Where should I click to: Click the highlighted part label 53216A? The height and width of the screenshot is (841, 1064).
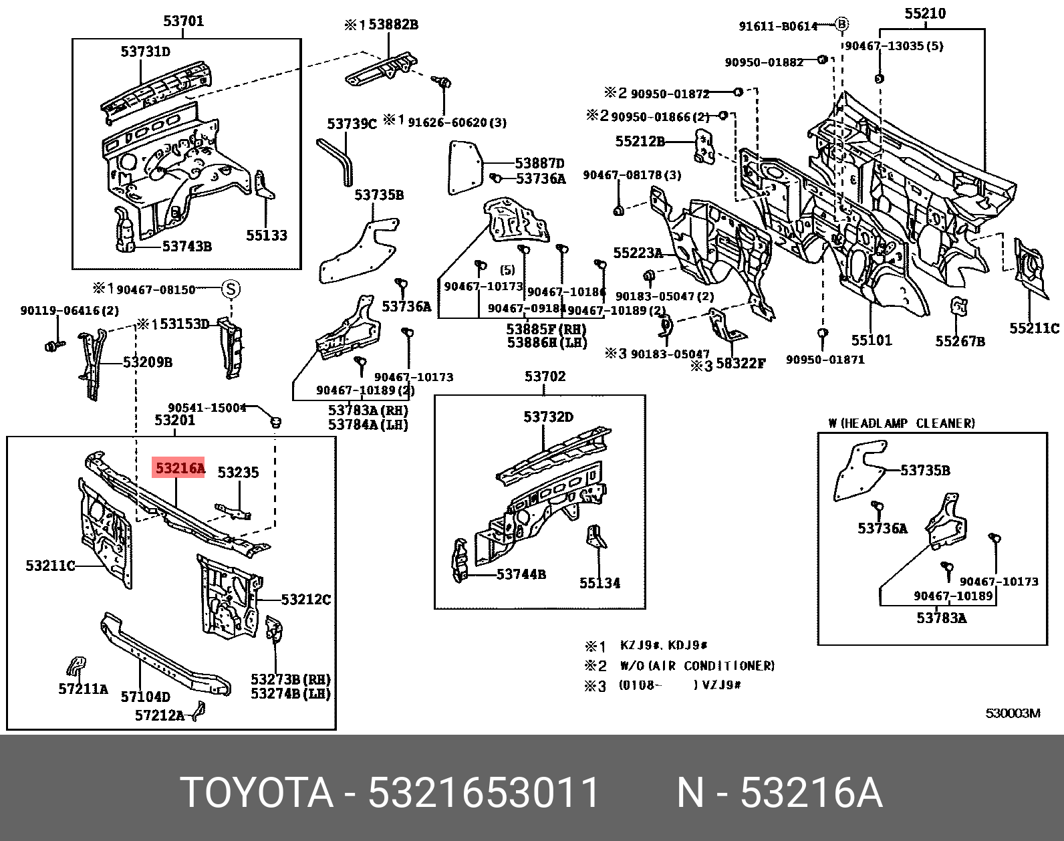179,468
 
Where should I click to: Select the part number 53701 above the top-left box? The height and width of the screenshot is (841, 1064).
183,21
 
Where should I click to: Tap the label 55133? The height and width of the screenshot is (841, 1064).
266,235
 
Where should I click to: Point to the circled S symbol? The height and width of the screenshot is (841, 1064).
231,289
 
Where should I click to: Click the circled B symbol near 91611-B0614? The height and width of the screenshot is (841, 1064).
841,25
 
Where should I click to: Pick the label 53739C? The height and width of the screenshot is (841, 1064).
352,124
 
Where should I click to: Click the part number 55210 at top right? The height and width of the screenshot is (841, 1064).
925,13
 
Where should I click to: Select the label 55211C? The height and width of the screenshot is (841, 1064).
1034,328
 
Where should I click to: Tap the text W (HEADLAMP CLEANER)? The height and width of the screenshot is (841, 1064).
901,423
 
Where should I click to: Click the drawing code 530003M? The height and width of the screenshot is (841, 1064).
1013,713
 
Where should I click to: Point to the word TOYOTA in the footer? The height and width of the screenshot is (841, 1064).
257,793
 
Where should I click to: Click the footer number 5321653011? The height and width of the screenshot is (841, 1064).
483,793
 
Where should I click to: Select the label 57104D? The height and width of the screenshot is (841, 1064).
145,697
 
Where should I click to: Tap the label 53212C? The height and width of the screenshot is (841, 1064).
305,600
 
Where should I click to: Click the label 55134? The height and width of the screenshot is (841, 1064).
600,583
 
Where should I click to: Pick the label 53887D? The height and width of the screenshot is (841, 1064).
539,163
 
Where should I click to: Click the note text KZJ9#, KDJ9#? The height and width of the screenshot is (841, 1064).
663,646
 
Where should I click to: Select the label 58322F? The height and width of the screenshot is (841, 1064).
740,364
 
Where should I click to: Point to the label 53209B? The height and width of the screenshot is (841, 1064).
147,362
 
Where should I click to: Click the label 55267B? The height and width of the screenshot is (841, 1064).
960,342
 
